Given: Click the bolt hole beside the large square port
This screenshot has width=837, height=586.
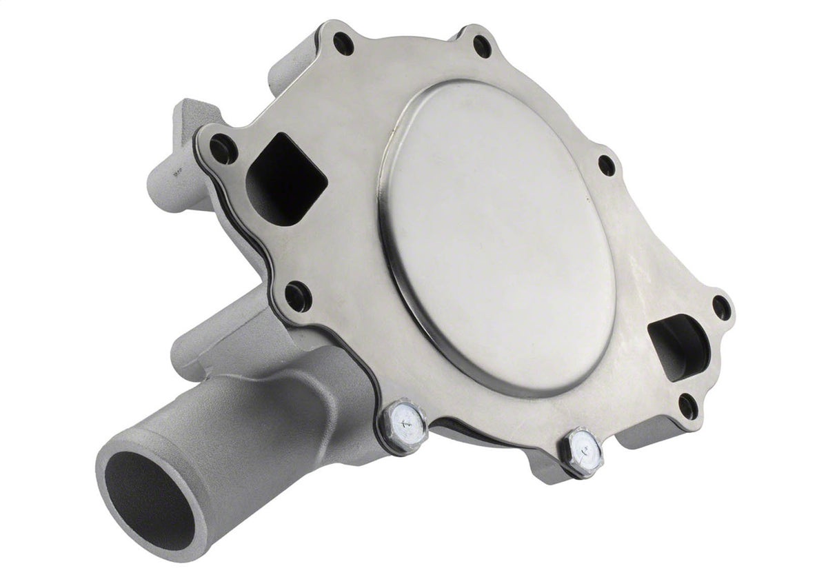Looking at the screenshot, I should tap(223, 148).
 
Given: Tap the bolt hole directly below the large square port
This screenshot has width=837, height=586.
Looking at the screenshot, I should tap(297, 296).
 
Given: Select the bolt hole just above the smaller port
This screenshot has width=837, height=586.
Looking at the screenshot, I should tap(721, 307).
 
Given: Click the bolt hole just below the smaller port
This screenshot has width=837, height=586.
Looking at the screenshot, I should tap(687, 406).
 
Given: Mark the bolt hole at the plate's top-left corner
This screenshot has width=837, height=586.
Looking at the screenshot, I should tap(343, 43).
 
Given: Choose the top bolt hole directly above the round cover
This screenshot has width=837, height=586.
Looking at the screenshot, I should tap(482, 46).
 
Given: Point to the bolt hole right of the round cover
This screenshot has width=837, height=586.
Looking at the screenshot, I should tap(607, 165).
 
